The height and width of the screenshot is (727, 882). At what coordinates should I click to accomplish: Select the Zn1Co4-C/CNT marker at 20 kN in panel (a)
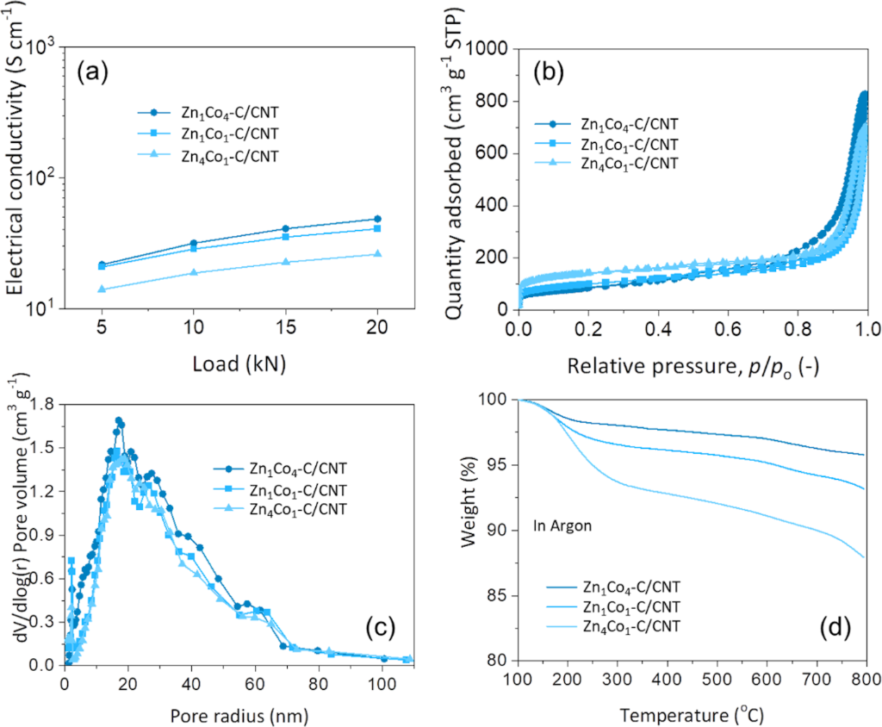[x=377, y=219]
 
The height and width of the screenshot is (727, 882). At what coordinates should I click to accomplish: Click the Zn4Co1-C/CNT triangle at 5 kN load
[x=102, y=289]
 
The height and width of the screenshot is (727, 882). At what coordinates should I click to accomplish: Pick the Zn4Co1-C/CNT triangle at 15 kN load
[x=285, y=262]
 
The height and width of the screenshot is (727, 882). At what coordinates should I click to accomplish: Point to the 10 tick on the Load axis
[x=194, y=329]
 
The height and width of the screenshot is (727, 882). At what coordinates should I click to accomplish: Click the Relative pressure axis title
[x=693, y=365]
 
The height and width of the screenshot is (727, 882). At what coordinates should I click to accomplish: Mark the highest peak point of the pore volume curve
[x=119, y=421]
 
